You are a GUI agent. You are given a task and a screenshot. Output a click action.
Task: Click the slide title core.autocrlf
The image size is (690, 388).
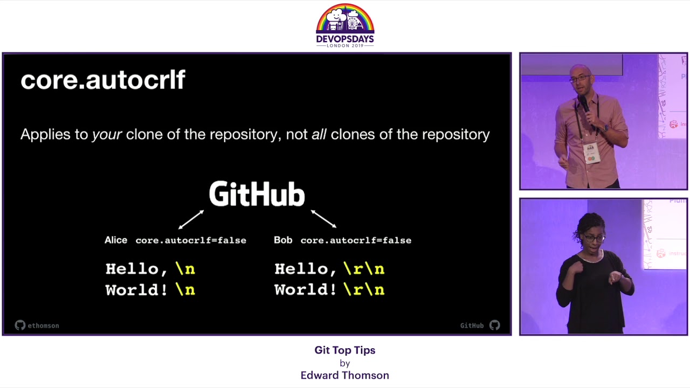(102, 80)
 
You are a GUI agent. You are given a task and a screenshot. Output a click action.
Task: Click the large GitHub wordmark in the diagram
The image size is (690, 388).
(257, 195)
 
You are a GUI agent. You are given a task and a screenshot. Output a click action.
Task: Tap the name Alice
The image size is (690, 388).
(116, 240)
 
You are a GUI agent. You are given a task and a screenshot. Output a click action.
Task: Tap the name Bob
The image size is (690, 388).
(283, 240)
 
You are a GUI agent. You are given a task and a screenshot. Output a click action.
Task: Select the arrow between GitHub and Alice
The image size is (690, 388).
(191, 219)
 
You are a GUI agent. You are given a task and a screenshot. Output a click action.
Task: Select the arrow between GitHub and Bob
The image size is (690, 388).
(323, 218)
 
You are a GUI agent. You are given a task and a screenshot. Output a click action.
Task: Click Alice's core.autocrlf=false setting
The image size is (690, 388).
(191, 240)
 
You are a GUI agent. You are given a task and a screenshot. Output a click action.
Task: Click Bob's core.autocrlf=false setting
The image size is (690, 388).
(356, 240)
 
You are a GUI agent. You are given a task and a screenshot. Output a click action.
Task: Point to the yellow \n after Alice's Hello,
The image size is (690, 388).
(185, 268)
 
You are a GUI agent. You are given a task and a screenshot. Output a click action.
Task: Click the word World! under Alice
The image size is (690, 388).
(136, 290)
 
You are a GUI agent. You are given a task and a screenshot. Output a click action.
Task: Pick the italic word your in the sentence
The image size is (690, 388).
(107, 134)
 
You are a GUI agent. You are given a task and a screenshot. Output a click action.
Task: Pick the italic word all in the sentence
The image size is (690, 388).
(319, 134)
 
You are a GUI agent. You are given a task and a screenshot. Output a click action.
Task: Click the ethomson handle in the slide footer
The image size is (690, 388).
(43, 325)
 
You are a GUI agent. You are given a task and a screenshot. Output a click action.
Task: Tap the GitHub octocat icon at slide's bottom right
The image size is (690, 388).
(494, 325)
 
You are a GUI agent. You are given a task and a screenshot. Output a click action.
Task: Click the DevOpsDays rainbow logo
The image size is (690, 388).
(345, 25)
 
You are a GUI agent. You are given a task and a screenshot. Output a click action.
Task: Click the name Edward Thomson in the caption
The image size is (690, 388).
(344, 375)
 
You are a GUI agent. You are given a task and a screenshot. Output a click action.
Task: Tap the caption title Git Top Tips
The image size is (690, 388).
(344, 350)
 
